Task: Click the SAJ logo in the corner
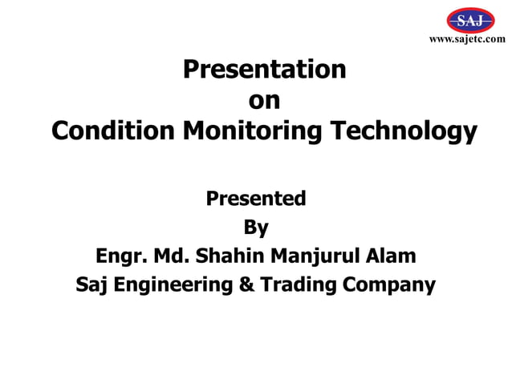pos(469,20)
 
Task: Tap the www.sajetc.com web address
pos(468,39)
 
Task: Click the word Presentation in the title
pos(265,70)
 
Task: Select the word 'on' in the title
pos(265,100)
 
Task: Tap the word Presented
pos(256,198)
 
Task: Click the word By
pos(256,228)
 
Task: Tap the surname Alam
pos(393,256)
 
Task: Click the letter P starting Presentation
pos(191,70)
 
